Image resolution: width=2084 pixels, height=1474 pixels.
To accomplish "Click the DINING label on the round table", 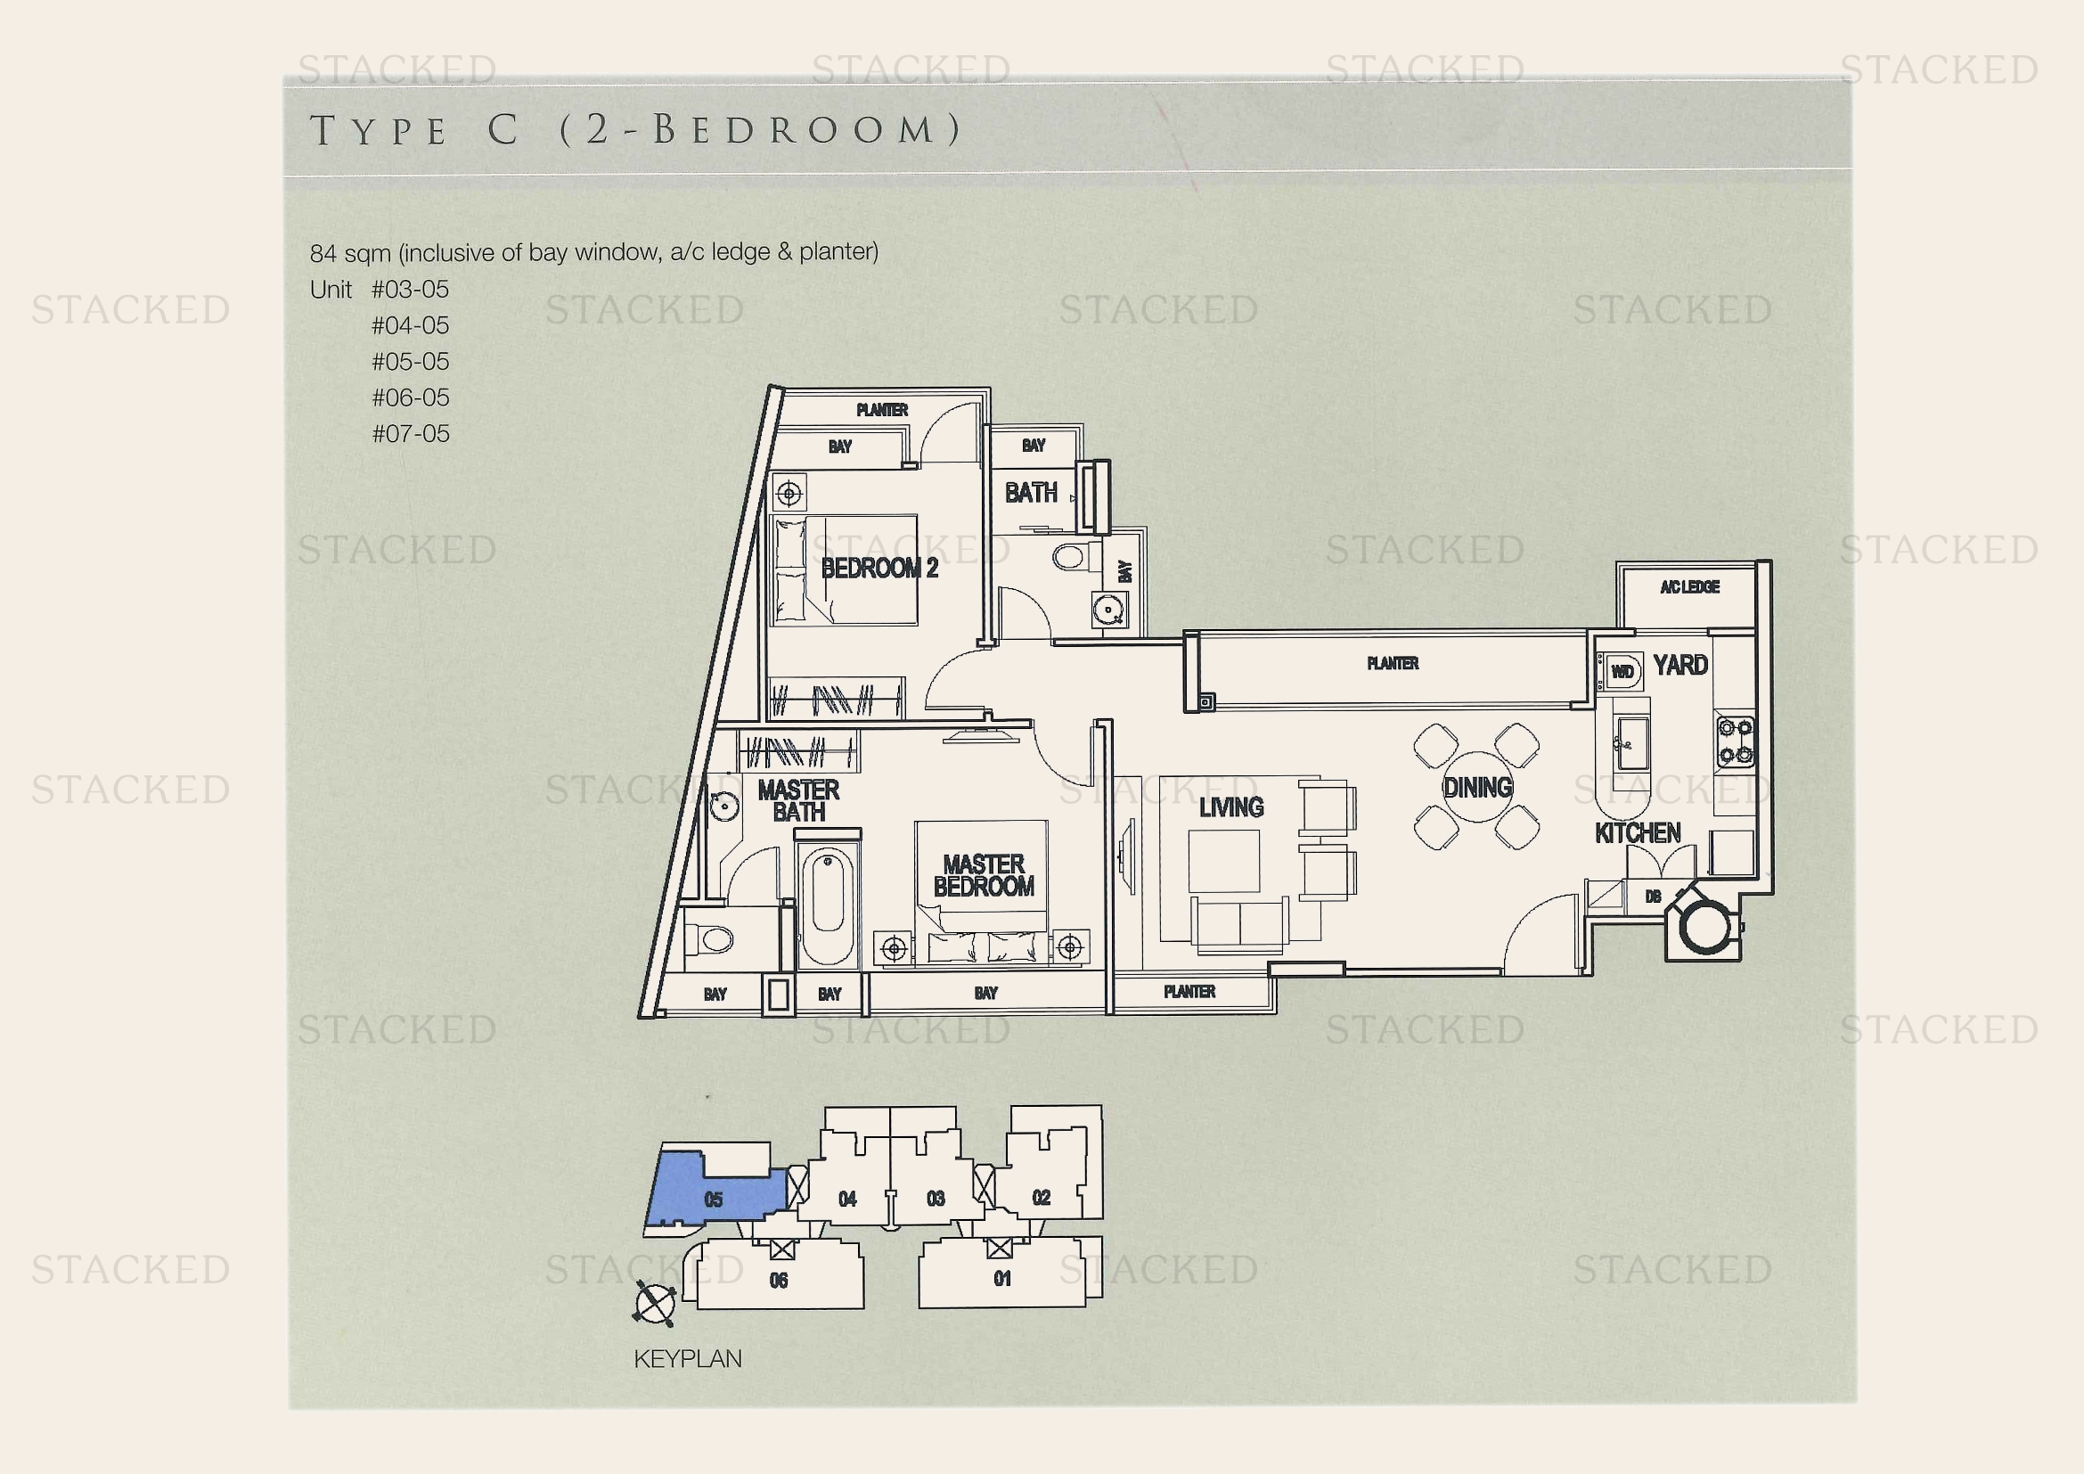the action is click(1477, 787).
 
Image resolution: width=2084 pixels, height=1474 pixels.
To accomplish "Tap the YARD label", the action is click(1680, 666).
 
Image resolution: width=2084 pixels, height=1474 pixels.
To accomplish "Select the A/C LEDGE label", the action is click(1690, 587).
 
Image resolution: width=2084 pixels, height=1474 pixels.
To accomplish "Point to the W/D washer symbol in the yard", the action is click(1622, 671).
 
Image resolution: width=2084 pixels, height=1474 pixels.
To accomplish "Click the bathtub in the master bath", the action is click(828, 902).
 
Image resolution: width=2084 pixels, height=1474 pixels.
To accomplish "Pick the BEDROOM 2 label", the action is click(879, 569).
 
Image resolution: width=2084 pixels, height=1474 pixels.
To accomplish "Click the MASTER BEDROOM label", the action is click(984, 875).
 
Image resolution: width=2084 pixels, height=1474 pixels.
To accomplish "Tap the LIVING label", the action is click(1230, 807).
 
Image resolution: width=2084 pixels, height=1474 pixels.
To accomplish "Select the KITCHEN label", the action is click(1638, 832).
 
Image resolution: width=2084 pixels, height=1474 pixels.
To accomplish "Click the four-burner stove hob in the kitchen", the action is click(1735, 741).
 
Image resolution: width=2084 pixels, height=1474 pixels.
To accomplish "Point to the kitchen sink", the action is click(1633, 744).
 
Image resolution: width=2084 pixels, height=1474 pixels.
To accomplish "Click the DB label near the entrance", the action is click(1653, 897).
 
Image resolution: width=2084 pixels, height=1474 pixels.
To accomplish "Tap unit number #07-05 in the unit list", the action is click(410, 434).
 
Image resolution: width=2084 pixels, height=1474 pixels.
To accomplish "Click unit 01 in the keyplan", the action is click(1002, 1279).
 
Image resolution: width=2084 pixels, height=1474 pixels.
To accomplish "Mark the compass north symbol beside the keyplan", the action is click(655, 1306).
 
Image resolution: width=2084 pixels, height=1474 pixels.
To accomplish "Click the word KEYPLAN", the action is click(687, 1359).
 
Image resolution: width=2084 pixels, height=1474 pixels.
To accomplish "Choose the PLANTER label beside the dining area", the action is click(1393, 664).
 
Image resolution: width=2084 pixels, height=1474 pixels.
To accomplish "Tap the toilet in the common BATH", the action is click(1071, 555).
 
